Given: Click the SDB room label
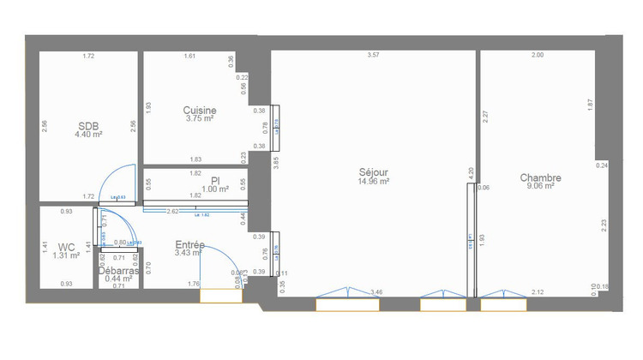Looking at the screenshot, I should tap(88, 125).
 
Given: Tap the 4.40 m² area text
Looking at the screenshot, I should tap(88, 135).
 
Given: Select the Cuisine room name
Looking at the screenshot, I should tap(199, 110).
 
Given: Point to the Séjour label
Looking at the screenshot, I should tap(374, 172).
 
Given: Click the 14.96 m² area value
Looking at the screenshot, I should tap(374, 182).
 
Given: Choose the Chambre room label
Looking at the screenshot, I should tap(540, 177).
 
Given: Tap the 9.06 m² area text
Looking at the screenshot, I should tap(540, 186).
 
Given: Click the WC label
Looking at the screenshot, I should tap(67, 246).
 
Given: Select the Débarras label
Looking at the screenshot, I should tap(119, 270).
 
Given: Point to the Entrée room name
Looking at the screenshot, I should tap(189, 244).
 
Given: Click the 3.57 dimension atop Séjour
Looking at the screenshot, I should tap(373, 56).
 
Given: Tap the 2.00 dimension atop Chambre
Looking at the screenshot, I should tap(537, 56).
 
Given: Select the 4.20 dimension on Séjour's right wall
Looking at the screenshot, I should tap(470, 171).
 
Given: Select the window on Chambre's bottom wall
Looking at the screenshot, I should tap(502, 303).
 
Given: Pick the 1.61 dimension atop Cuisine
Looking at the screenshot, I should tap(190, 56).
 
